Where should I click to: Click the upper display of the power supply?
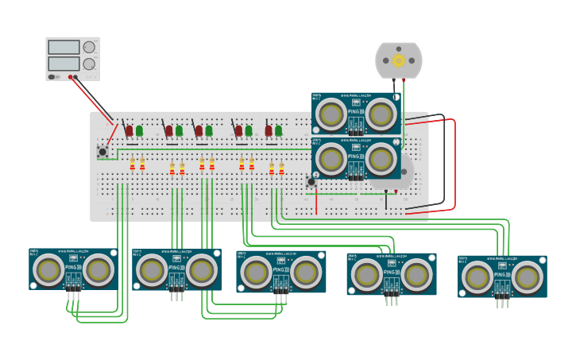coord(64,48)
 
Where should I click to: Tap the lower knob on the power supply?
coord(89,64)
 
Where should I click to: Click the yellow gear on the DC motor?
coord(399,60)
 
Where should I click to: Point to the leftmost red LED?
coord(130,130)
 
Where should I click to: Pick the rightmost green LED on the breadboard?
coord(278,130)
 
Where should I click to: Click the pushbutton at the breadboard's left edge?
coord(102,151)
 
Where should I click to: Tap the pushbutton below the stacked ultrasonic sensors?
coord(311,182)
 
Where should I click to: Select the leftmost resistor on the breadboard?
coord(133,165)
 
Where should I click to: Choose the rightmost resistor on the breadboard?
coord(281,168)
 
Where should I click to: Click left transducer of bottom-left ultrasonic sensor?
coord(48,269)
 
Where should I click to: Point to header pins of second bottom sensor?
coord(176,294)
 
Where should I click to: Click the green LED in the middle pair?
coord(209,130)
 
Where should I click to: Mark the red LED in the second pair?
coord(168,130)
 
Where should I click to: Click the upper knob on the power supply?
coord(89,48)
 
